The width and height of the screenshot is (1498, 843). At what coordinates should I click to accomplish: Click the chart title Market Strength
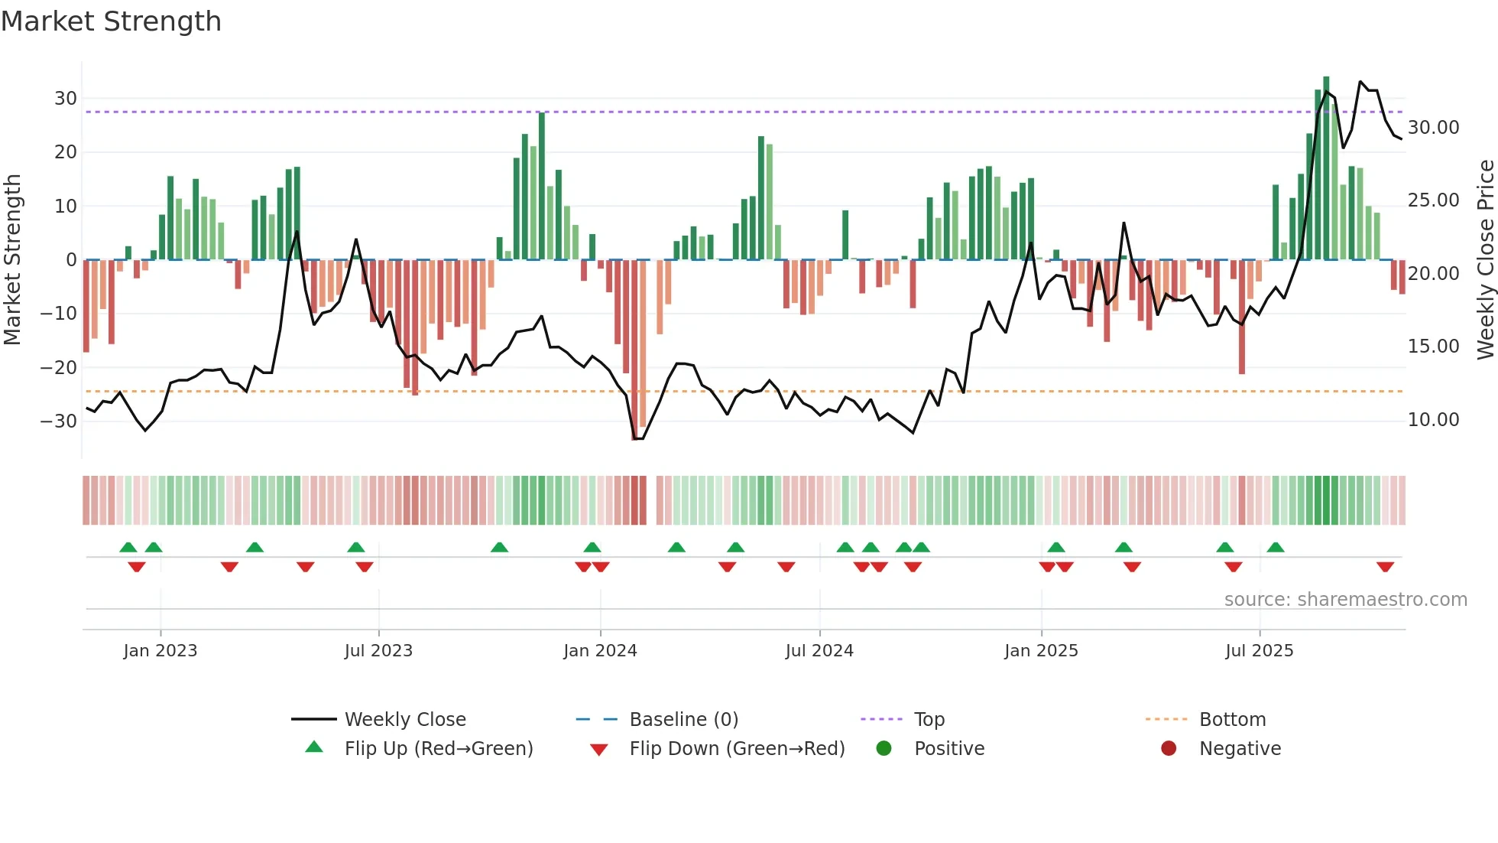111,21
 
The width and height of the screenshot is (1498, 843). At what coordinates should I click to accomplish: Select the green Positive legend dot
884,748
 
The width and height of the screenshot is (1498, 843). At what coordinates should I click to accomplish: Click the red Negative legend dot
1169,748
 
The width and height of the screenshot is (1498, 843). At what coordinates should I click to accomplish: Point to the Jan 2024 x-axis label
600,650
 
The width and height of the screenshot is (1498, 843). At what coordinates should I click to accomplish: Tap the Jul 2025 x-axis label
1259,650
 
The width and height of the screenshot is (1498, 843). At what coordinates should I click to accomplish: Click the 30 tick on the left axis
66,98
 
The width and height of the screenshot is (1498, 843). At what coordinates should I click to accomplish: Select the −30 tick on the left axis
59,421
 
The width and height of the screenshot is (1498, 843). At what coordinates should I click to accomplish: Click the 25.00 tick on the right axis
1433,200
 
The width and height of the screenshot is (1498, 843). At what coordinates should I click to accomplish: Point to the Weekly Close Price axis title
1485,259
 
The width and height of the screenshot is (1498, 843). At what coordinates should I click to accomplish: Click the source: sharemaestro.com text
1345,599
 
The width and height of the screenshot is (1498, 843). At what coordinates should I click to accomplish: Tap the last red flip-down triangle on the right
1386,567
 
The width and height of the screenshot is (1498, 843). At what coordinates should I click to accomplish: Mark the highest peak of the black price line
1360,82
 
